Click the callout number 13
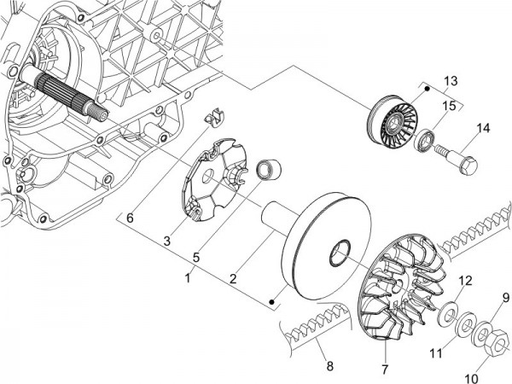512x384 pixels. pyautogui.click(x=451, y=81)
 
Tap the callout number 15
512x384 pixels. pyautogui.click(x=449, y=106)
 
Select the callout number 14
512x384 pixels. pyautogui.click(x=483, y=128)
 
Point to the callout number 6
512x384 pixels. pyautogui.click(x=130, y=218)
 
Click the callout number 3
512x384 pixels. pyautogui.click(x=167, y=241)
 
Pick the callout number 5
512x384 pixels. pyautogui.click(x=196, y=258)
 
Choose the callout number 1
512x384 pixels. pyautogui.click(x=188, y=278)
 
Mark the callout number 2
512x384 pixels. pyautogui.click(x=233, y=279)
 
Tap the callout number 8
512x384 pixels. pyautogui.click(x=330, y=366)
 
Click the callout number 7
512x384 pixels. pyautogui.click(x=386, y=369)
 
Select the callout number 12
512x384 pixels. pyautogui.click(x=465, y=281)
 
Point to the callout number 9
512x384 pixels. pyautogui.click(x=505, y=298)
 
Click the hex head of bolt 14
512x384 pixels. pyautogui.click(x=468, y=165)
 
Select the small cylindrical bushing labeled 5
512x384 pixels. pyautogui.click(x=270, y=169)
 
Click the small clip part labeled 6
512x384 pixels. pyautogui.click(x=214, y=116)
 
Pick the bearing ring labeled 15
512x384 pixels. pyautogui.click(x=425, y=141)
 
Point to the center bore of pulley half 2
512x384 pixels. pyautogui.click(x=340, y=253)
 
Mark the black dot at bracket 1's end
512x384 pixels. pyautogui.click(x=271, y=302)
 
